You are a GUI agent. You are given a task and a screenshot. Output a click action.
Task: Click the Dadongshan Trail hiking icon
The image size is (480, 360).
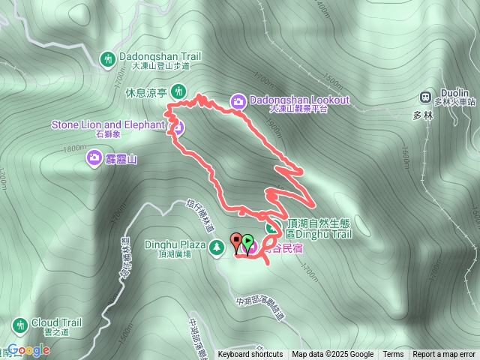click(108, 58)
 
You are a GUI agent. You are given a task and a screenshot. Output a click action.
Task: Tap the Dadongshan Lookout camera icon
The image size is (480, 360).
click(237, 101)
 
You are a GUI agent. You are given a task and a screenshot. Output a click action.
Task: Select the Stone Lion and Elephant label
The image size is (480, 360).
click(107, 124)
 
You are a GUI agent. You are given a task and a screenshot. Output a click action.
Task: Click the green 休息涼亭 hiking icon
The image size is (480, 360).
click(178, 91)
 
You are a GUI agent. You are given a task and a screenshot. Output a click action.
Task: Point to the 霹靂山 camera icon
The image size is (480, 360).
click(95, 157)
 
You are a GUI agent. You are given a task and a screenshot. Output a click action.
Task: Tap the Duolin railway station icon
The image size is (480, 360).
click(426, 97)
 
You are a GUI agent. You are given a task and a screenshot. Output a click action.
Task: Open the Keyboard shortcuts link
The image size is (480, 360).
click(250, 355)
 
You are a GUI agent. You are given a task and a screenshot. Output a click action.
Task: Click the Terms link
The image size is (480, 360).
click(393, 355)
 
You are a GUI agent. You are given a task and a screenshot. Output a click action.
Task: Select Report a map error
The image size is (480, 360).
click(444, 355)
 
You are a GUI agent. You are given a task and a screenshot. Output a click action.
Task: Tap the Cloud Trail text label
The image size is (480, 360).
click(56, 323)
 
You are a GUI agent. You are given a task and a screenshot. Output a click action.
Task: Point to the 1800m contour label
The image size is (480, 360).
click(76, 148)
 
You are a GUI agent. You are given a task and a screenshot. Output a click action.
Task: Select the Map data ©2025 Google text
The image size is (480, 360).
click(333, 355)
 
